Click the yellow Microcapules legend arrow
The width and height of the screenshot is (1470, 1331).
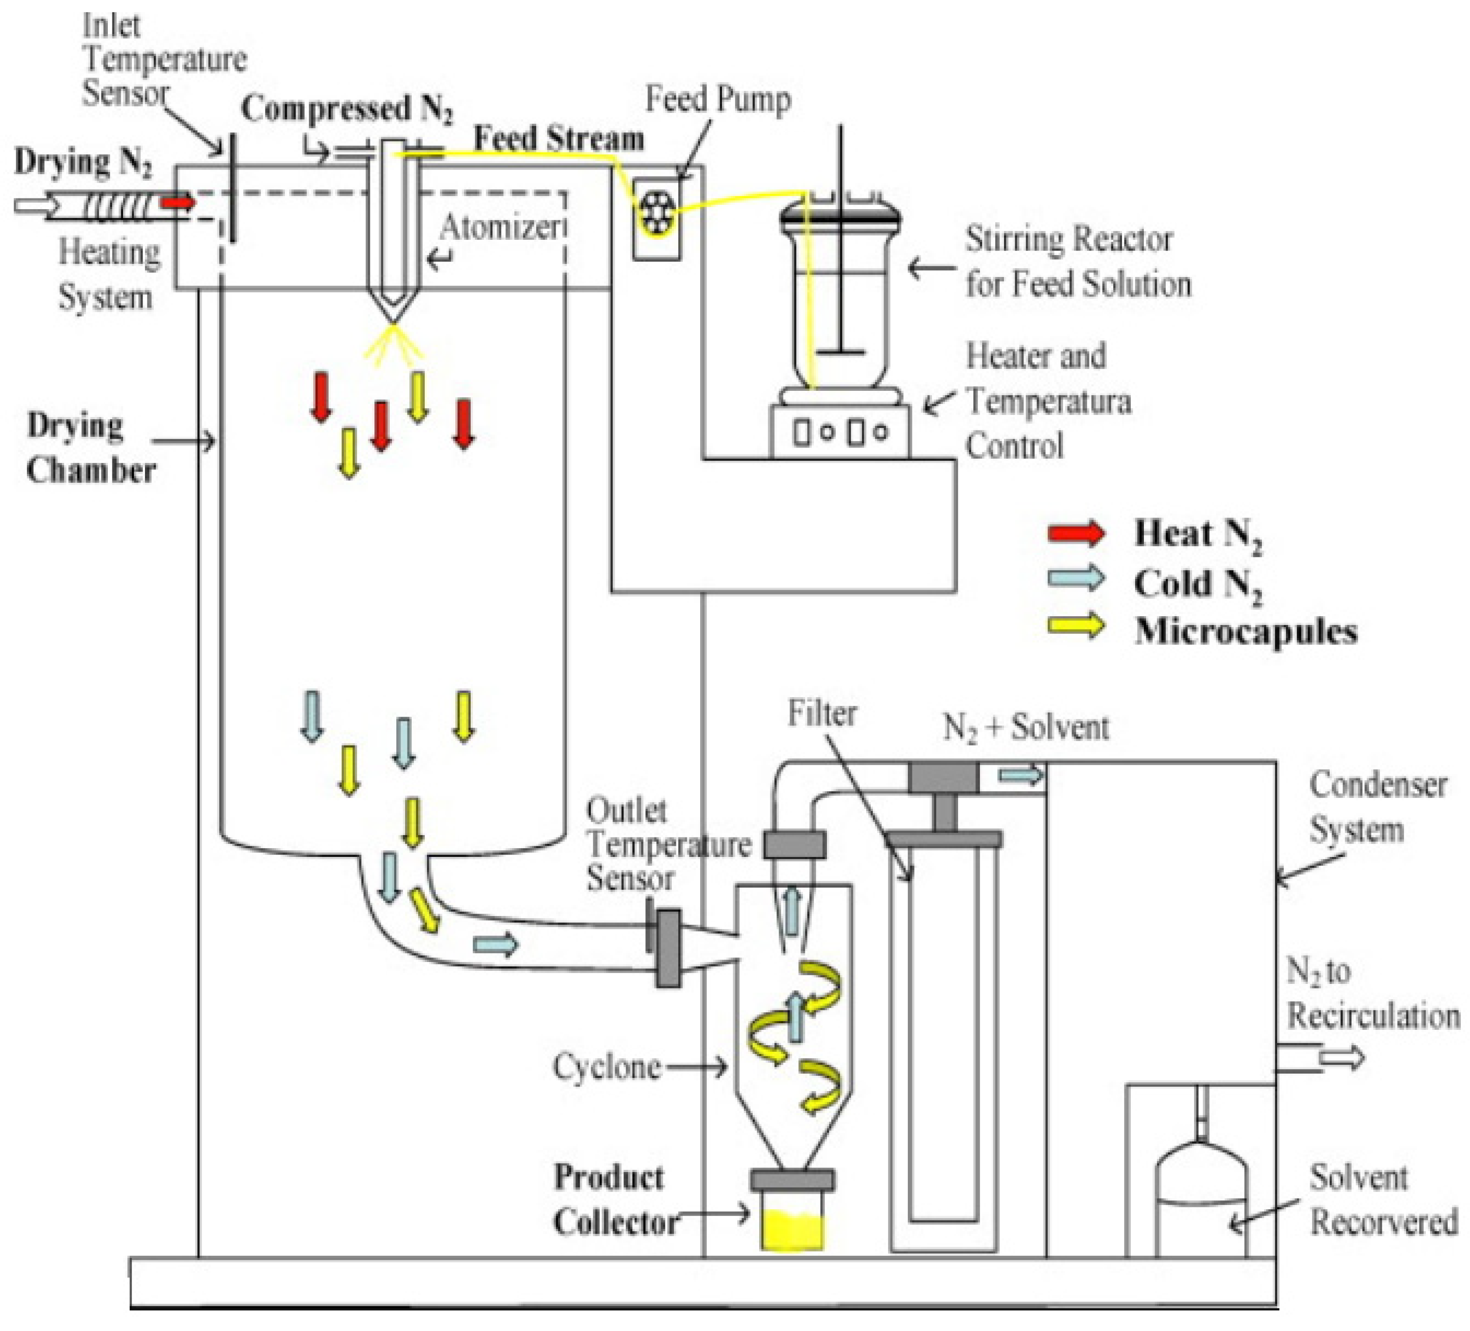(x=1076, y=626)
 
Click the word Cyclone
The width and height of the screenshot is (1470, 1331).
(x=607, y=1067)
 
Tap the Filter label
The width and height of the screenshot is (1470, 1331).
(x=822, y=712)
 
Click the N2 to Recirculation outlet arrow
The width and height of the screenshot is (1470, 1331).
(x=1342, y=1057)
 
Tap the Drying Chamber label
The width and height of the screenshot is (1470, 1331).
(x=91, y=448)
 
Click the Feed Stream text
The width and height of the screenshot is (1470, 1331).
(x=559, y=138)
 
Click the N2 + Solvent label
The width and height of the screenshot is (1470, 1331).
(x=1026, y=727)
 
